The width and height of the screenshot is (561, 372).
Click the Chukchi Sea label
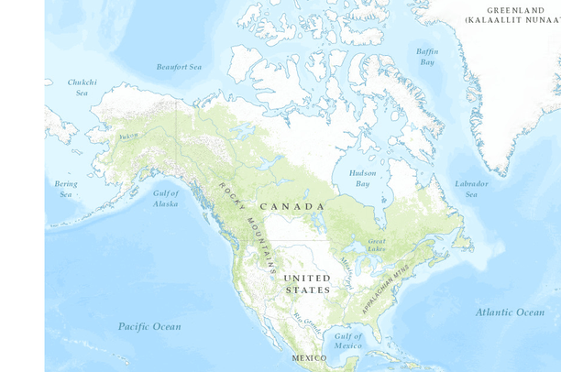tap(81, 87)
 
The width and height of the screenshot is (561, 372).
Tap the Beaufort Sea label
tap(178, 67)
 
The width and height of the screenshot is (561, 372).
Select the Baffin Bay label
tap(426, 57)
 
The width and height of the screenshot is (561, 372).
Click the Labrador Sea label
tap(471, 189)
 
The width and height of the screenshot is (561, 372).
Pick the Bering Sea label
tap(65, 189)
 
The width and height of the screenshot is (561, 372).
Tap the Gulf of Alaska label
tap(166, 198)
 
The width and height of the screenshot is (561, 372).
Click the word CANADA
tap(291, 206)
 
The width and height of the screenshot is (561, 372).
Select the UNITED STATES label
tap(307, 284)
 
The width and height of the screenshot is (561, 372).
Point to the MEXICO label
tap(309, 357)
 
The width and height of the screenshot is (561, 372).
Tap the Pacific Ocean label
tap(149, 326)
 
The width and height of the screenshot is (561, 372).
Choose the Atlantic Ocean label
tap(510, 312)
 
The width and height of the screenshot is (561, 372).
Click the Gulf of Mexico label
tap(347, 341)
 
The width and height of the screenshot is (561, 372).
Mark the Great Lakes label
tap(377, 245)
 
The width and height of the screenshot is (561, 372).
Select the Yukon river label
tap(127, 137)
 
